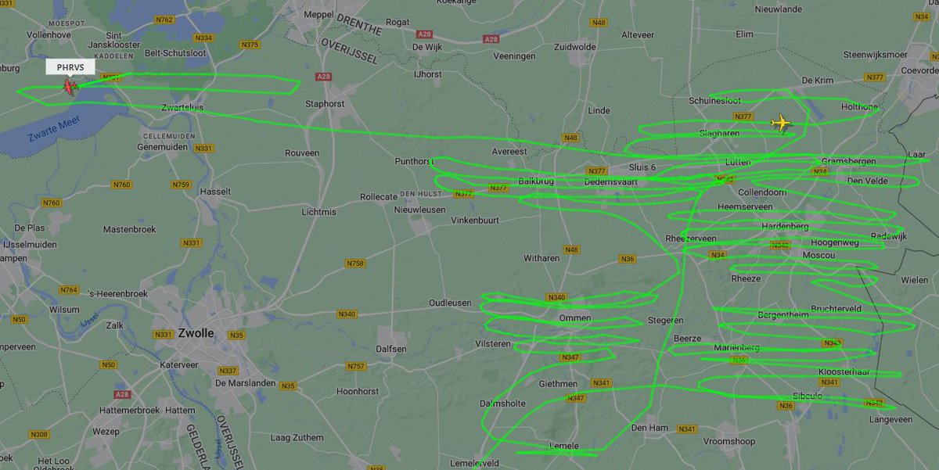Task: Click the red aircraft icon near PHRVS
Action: [x=70, y=86]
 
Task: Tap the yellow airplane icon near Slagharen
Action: [x=780, y=124]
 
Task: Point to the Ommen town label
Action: [x=575, y=319]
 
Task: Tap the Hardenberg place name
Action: [x=785, y=226]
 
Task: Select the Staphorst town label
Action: [x=325, y=102]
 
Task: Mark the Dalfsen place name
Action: [x=391, y=349]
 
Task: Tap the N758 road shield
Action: [x=355, y=264]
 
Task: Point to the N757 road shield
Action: [x=356, y=366]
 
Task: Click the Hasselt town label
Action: [x=216, y=192]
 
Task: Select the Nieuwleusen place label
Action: [x=419, y=210]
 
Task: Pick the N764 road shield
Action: [x=69, y=290]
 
